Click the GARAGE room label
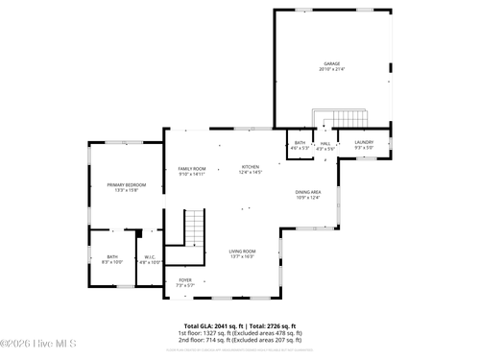click(331, 64)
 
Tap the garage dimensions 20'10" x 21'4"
click(331, 70)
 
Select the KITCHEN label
click(251, 167)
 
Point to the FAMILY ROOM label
click(192, 169)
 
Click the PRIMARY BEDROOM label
click(127, 184)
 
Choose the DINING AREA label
click(307, 192)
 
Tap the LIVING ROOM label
click(242, 251)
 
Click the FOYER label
click(185, 280)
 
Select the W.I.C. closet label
click(150, 256)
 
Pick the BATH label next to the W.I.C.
click(112, 256)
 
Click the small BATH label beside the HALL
click(300, 143)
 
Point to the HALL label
click(325, 143)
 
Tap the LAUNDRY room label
click(364, 143)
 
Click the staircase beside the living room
click(195, 228)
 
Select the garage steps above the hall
click(351, 119)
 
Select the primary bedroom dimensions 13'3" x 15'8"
click(127, 190)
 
